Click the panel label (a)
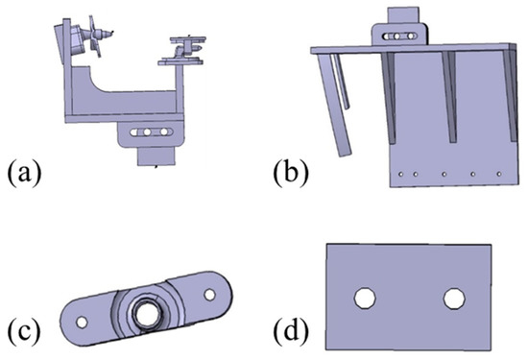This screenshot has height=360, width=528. pyautogui.click(x=24, y=174)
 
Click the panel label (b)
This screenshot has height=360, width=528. pyautogui.click(x=290, y=174)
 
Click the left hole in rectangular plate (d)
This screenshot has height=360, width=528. pyautogui.click(x=366, y=298)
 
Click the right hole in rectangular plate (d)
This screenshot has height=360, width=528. pyautogui.click(x=454, y=299)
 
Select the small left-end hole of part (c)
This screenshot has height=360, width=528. pyautogui.click(x=82, y=323)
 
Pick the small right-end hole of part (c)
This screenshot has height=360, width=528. pyautogui.click(x=210, y=295)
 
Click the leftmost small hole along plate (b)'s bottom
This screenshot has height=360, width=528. pyautogui.click(x=400, y=174)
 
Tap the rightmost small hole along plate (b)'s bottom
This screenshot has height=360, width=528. pyautogui.click(x=499, y=174)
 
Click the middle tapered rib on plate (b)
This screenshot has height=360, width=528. pyautogui.click(x=451, y=96)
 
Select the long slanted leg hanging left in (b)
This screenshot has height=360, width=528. pyautogui.click(x=334, y=105)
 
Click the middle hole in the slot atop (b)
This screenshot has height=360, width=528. pyautogui.click(x=397, y=36)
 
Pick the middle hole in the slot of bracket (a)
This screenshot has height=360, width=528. pyautogui.click(x=147, y=132)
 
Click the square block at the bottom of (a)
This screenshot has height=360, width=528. pyautogui.click(x=156, y=156)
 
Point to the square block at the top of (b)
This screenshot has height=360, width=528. pyautogui.click(x=404, y=15)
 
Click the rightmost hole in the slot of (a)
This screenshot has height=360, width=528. pyautogui.click(x=164, y=132)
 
